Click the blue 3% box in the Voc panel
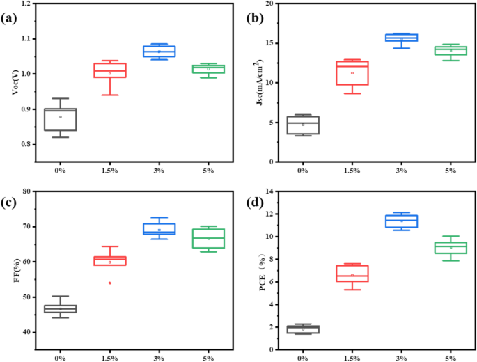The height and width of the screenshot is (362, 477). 159,51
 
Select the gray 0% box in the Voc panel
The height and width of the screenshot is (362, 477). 60,119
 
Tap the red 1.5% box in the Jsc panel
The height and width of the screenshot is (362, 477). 352,73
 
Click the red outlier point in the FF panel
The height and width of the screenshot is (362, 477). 109,283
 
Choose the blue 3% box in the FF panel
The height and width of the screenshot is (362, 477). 159,229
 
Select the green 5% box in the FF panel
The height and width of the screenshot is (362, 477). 209,238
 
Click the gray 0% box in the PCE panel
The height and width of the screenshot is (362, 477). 303,329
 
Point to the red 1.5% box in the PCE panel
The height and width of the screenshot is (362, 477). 352,274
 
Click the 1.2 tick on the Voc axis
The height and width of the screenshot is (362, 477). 25,4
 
